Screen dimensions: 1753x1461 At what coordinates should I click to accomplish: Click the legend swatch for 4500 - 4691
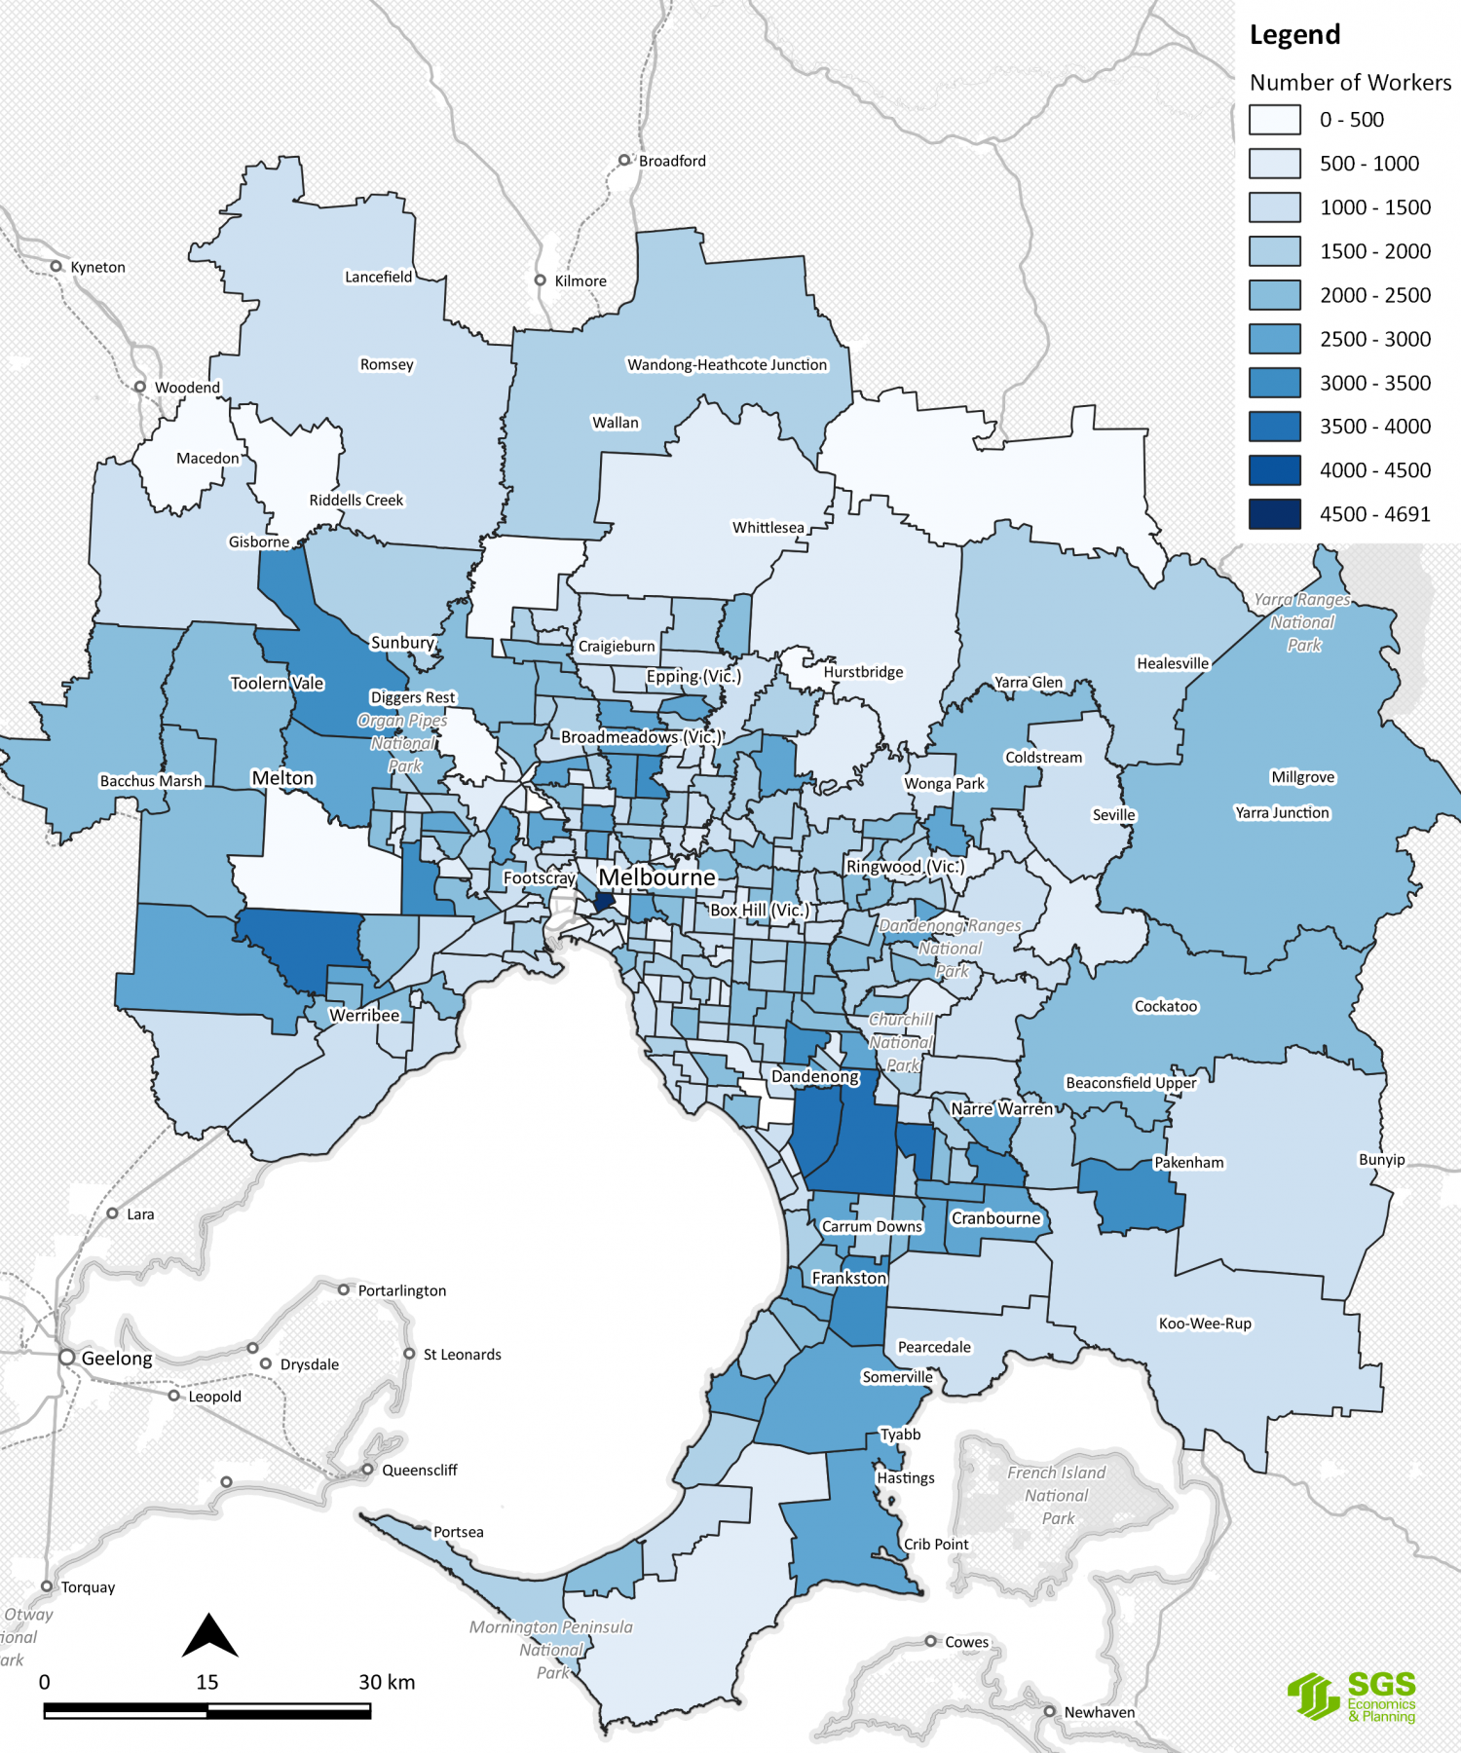(x=1274, y=513)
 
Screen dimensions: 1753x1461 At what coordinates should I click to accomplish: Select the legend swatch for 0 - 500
(x=1274, y=120)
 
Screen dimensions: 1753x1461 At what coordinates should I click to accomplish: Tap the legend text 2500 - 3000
(x=1374, y=339)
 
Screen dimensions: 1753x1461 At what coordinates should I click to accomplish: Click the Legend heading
(x=1294, y=35)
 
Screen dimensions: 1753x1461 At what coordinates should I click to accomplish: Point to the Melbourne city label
(x=656, y=877)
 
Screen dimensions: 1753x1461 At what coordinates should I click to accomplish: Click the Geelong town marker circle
(x=67, y=1357)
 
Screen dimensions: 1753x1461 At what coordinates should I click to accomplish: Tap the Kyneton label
(x=97, y=267)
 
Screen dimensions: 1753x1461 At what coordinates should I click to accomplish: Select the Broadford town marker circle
(x=624, y=160)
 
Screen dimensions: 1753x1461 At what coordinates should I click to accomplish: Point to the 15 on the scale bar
(x=206, y=1682)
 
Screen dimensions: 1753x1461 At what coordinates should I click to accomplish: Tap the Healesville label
(x=1172, y=663)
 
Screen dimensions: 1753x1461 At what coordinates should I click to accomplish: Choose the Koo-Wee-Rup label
(x=1204, y=1324)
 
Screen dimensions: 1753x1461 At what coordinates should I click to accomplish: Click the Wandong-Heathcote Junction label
(x=727, y=364)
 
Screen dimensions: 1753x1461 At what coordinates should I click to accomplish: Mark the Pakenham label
(x=1188, y=1162)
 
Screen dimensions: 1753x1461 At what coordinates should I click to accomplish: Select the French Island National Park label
(x=1057, y=1495)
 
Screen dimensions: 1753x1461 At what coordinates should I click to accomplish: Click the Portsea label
(x=458, y=1532)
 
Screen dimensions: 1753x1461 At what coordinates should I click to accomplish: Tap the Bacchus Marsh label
(x=151, y=781)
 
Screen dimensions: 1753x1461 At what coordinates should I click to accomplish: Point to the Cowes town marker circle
(x=930, y=1641)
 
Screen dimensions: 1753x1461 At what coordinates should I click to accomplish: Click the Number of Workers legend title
(x=1350, y=83)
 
